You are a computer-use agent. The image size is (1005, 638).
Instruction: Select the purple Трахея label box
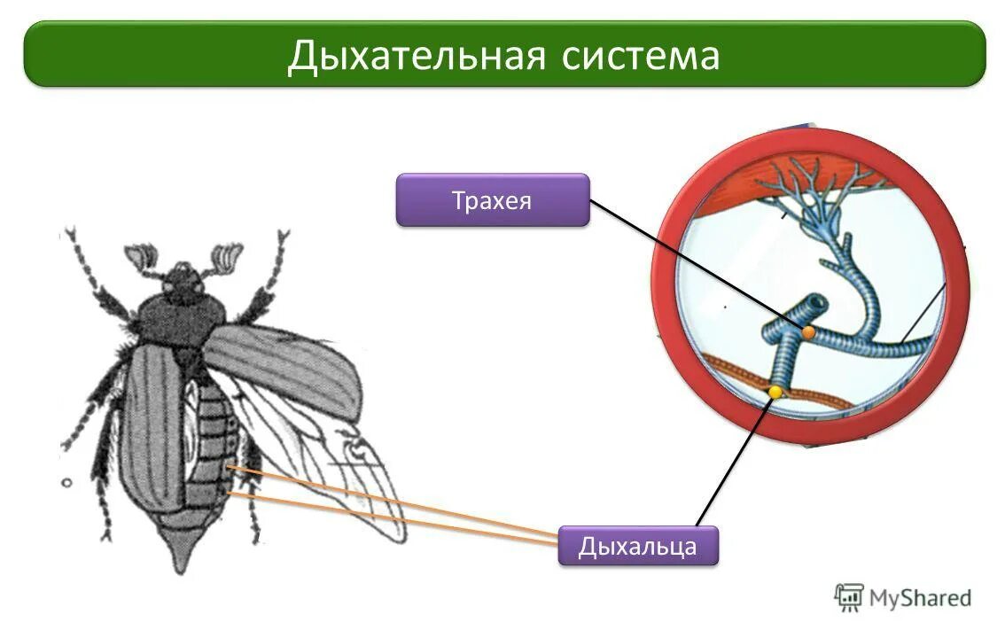(x=492, y=200)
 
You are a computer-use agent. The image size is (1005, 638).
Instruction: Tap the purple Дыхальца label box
(x=637, y=546)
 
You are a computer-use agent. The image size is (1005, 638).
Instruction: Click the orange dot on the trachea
(x=808, y=332)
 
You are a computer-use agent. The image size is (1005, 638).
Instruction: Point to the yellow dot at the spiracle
(x=775, y=392)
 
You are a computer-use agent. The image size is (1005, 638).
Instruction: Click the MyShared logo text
(x=920, y=598)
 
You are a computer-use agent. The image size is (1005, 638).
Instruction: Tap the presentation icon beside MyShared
(x=849, y=598)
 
